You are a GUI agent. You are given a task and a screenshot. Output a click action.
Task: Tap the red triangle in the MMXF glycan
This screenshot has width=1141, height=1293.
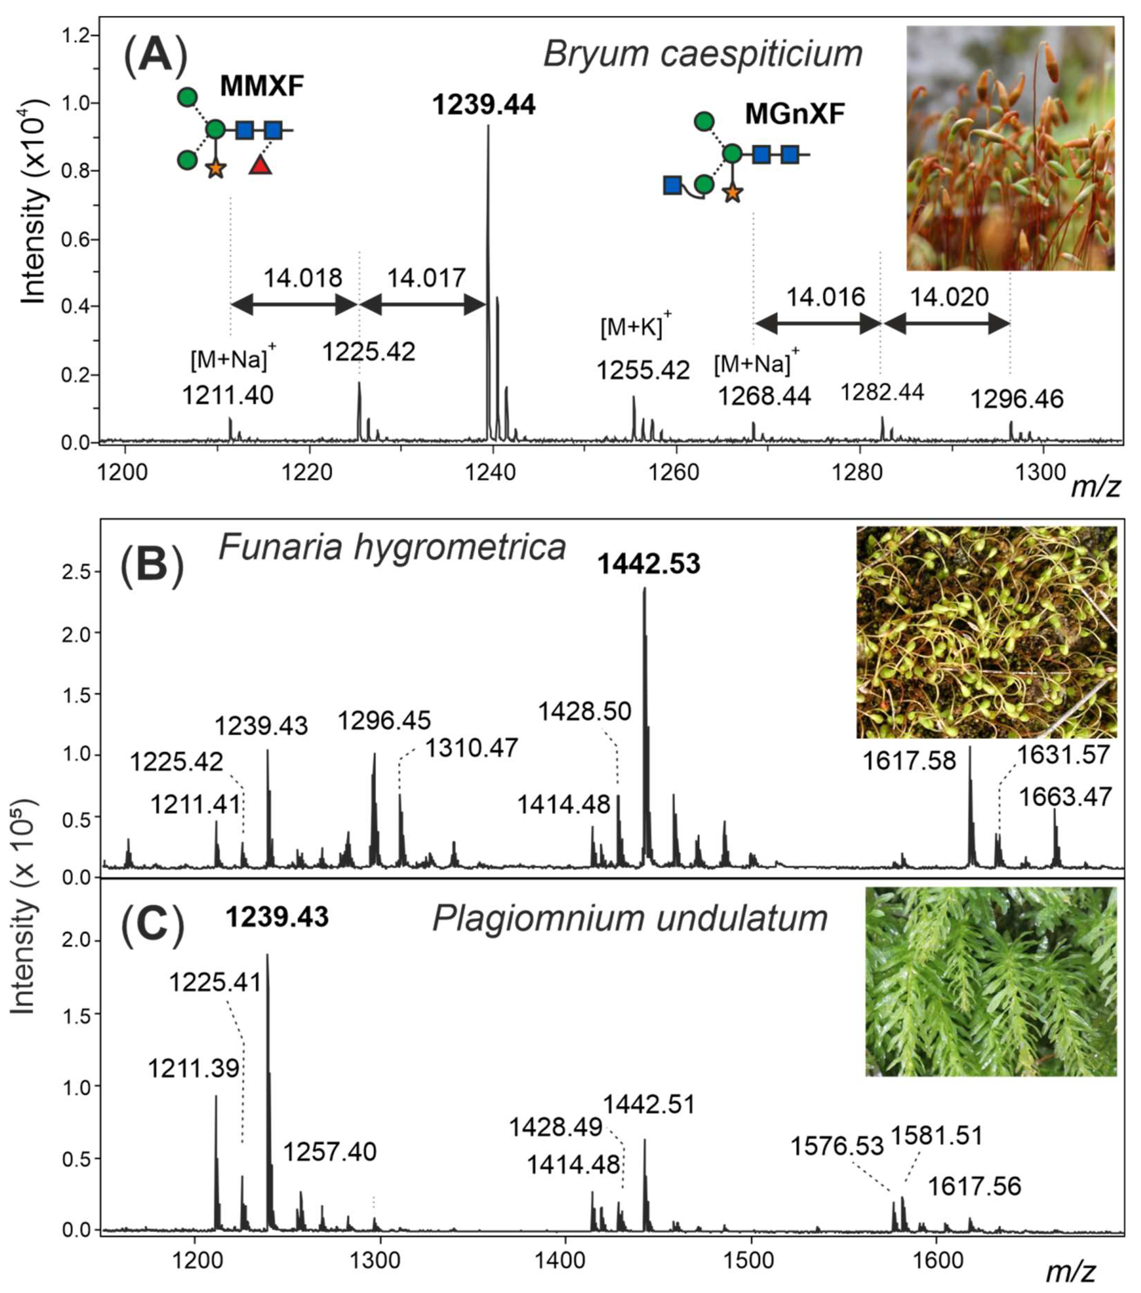coord(260,166)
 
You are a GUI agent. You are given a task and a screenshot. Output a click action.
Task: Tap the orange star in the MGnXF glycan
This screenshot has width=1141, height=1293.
coord(732,193)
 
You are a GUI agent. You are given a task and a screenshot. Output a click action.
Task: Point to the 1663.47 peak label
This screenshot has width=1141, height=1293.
coord(1065,797)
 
